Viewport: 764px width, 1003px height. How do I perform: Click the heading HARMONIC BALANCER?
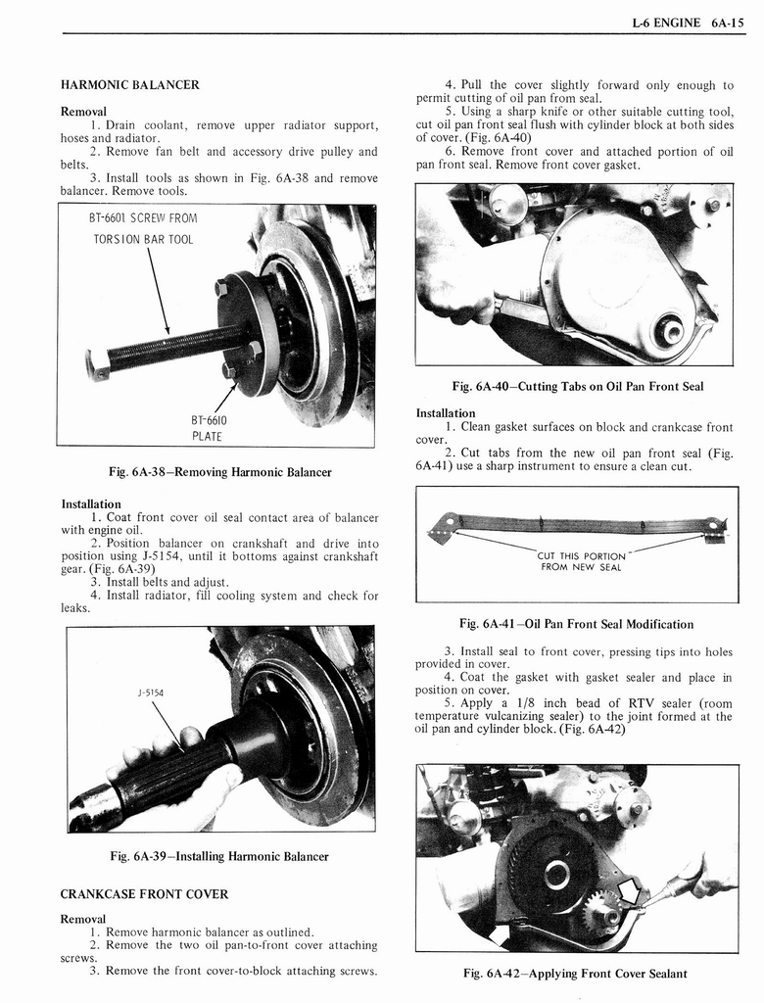pyautogui.click(x=129, y=85)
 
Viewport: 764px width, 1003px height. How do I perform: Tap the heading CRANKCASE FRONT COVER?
pyautogui.click(x=144, y=894)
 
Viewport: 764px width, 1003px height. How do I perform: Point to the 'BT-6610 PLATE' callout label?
pyautogui.click(x=207, y=428)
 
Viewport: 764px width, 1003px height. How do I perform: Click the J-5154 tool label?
pyautogui.click(x=150, y=693)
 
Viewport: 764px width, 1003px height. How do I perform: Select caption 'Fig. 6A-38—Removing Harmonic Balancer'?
pyautogui.click(x=219, y=472)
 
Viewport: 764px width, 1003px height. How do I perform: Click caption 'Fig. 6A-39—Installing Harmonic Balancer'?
pyautogui.click(x=218, y=857)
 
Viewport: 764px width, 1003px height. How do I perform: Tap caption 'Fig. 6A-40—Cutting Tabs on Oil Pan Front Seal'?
pyautogui.click(x=577, y=386)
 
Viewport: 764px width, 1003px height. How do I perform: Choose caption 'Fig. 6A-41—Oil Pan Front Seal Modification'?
pyautogui.click(x=576, y=624)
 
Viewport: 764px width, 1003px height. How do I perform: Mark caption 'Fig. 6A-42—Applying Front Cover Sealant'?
pyautogui.click(x=575, y=974)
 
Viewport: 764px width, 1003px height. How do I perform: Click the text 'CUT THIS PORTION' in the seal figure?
pyautogui.click(x=582, y=556)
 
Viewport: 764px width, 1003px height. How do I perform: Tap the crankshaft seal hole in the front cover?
pyautogui.click(x=670, y=330)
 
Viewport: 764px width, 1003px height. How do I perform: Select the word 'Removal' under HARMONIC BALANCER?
pyautogui.click(x=83, y=111)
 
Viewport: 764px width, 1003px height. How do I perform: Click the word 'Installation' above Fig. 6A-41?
pyautogui.click(x=446, y=413)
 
